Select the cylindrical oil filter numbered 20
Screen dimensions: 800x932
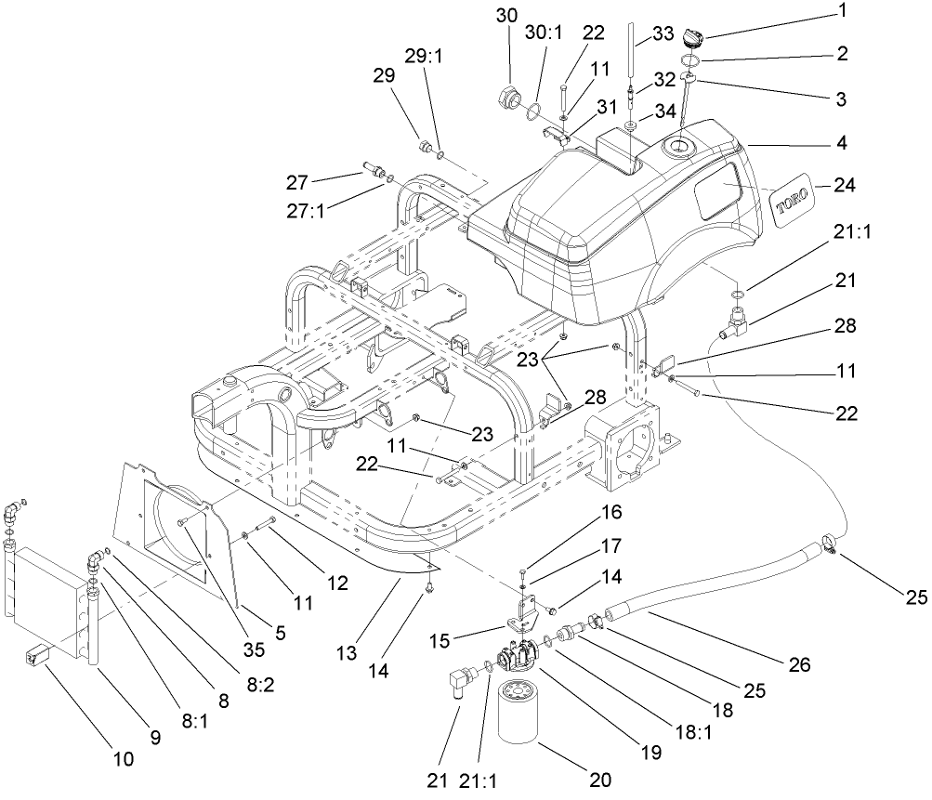526,713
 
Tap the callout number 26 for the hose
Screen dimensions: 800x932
797,665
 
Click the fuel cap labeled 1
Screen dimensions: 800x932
691,38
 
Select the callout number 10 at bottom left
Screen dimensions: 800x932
122,759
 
